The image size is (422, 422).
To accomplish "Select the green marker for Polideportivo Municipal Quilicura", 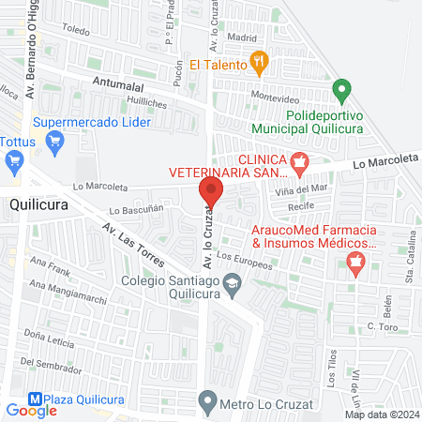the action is click(342, 92).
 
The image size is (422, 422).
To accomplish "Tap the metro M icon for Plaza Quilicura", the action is click(37, 397).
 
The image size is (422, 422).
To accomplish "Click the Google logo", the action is click(31, 410).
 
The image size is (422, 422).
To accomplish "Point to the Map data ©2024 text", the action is click(382, 414).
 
